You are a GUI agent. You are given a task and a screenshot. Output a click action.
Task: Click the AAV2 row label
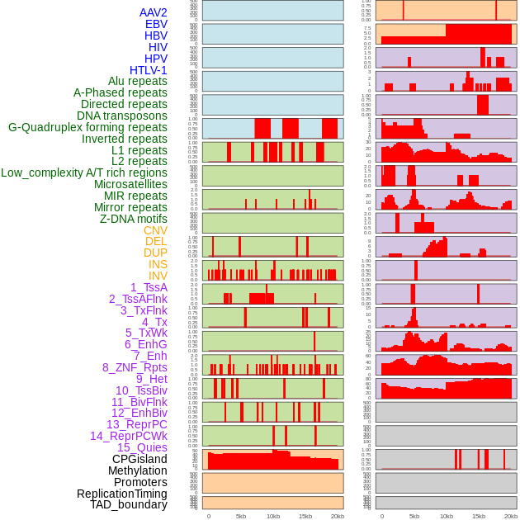[x=153, y=12]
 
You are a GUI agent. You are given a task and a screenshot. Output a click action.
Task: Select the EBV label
[x=156, y=24]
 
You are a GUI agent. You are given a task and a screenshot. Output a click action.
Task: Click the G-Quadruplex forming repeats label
[x=87, y=127]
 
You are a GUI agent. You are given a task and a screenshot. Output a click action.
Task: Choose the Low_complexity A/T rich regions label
[x=84, y=173]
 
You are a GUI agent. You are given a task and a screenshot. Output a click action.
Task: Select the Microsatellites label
[x=130, y=184]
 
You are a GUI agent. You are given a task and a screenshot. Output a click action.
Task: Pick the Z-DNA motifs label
[x=134, y=219]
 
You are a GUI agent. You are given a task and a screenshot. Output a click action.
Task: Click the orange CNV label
[x=155, y=230]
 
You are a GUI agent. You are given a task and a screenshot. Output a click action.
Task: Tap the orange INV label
[x=158, y=276]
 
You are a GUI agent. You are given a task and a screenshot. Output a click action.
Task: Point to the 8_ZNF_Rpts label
[x=135, y=367]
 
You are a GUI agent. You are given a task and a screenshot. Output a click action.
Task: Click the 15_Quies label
[x=142, y=447]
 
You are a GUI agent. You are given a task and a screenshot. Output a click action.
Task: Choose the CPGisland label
[x=139, y=459]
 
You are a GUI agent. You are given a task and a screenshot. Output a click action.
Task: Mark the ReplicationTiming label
[x=121, y=494]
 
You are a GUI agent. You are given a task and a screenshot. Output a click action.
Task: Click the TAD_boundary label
[x=129, y=504]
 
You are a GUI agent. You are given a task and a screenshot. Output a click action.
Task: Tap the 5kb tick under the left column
[x=241, y=516]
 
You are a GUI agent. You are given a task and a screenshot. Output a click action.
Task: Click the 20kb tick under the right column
[x=511, y=516]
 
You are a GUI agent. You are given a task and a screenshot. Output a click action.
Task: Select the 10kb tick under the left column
[x=273, y=516]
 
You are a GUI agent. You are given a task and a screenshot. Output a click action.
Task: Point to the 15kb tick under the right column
[x=479, y=516]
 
